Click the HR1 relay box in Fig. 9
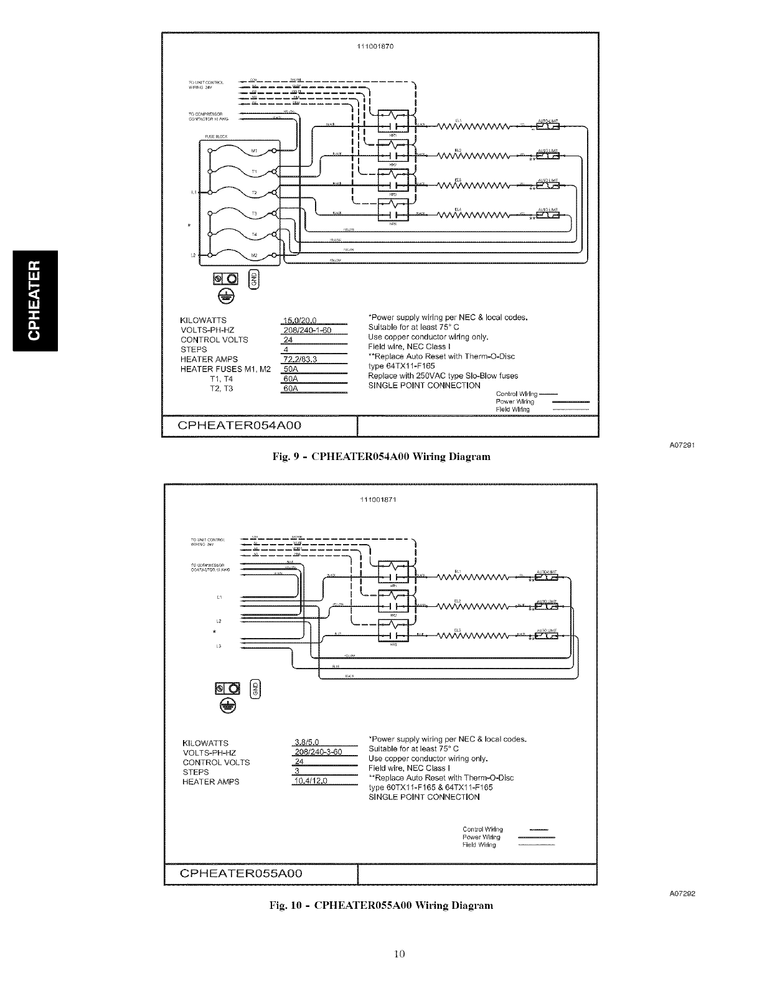pyautogui.click(x=393, y=121)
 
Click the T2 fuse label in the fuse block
pyautogui.click(x=253, y=194)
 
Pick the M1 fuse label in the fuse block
pyautogui.click(x=253, y=151)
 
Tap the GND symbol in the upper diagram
pyautogui.click(x=253, y=281)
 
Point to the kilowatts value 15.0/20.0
pyautogui.click(x=301, y=321)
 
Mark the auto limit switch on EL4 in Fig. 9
pyautogui.click(x=546, y=215)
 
